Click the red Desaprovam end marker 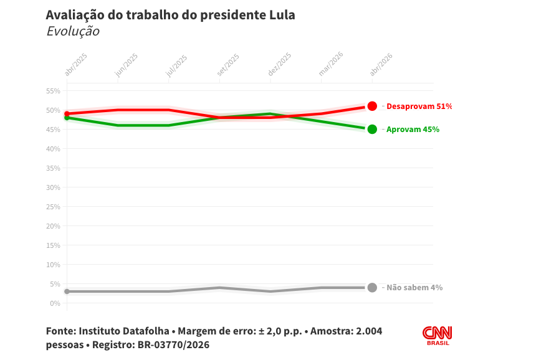pyautogui.click(x=372, y=106)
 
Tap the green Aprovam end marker pyautogui.click(x=372, y=129)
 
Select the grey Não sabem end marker pyautogui.click(x=372, y=287)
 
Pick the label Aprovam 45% pyautogui.click(x=413, y=130)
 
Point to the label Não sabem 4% pyautogui.click(x=414, y=288)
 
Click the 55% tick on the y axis pyautogui.click(x=53, y=91)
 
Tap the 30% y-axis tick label pyautogui.click(x=53, y=187)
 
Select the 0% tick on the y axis pyautogui.click(x=55, y=303)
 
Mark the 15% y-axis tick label pyautogui.click(x=53, y=245)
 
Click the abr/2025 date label pyautogui.click(x=76, y=65)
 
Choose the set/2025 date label pyautogui.click(x=229, y=65)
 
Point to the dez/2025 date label pyautogui.click(x=280, y=65)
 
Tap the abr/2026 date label pyautogui.click(x=381, y=65)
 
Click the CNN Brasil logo pyautogui.click(x=438, y=335)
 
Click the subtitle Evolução pyautogui.click(x=72, y=31)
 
